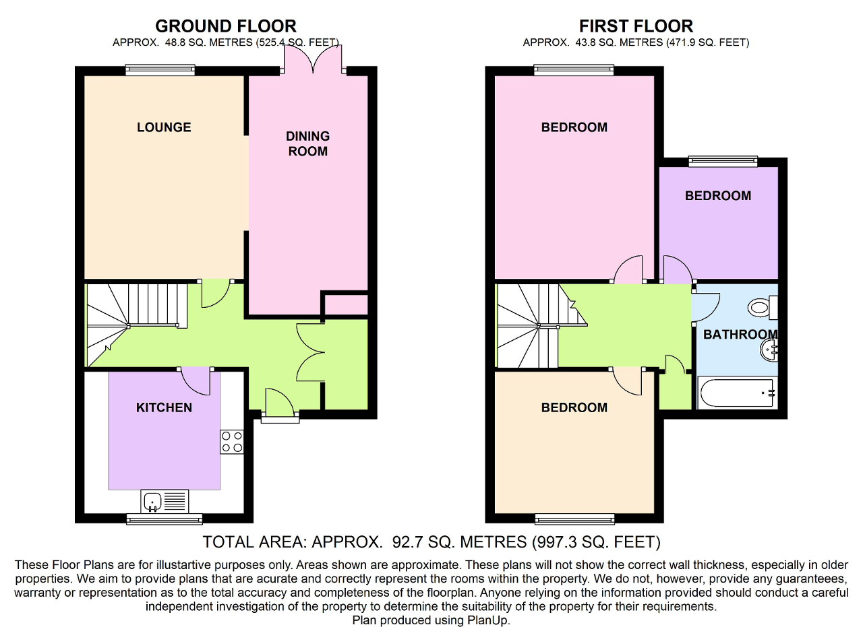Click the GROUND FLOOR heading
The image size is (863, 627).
225,26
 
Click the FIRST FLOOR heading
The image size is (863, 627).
636,26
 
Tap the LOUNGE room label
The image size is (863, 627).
164,127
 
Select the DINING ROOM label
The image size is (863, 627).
307,143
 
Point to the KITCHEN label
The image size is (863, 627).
164,407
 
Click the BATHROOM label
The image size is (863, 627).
740,335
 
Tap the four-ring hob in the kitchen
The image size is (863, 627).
231,441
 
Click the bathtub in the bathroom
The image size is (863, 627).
736,393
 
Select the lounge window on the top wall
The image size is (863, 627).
160,70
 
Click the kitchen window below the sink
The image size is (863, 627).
164,518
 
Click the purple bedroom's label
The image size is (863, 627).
717,196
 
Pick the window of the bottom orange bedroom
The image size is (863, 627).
574,518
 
